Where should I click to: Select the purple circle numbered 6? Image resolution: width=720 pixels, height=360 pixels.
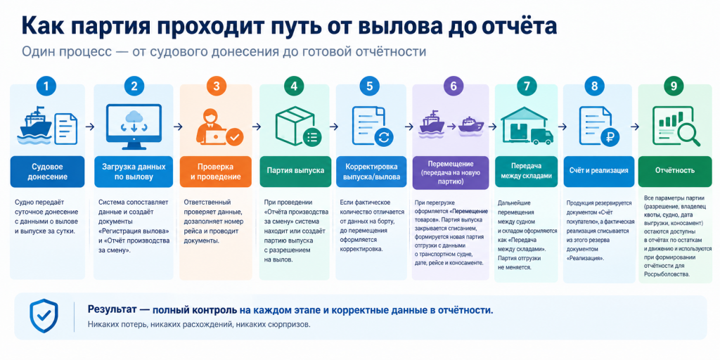[x=454, y=86]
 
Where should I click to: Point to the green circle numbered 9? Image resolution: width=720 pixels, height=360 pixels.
[x=674, y=86]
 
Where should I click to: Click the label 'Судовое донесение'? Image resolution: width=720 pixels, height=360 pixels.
[x=47, y=172]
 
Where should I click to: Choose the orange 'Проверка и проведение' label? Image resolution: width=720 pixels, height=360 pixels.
[x=216, y=172]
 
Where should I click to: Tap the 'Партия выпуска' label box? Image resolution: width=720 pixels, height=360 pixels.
[x=295, y=172]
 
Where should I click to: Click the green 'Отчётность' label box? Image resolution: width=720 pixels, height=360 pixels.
[x=674, y=172]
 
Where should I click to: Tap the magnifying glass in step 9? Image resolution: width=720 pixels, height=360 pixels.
[x=686, y=133]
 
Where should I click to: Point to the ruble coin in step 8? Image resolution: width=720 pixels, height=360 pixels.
[x=610, y=136]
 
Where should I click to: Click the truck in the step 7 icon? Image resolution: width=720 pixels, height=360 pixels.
[x=541, y=136]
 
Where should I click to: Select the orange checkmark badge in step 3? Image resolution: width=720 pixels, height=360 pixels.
[x=235, y=136]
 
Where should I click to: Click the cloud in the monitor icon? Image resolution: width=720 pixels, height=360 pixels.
[x=134, y=116]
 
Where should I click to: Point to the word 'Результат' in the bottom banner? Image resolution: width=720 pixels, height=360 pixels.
[x=110, y=310]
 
